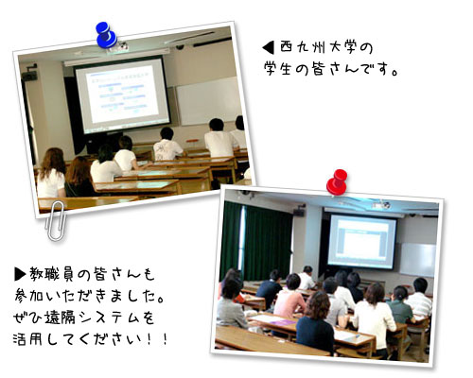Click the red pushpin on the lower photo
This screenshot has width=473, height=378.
(336, 180)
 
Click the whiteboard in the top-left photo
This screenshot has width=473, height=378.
(208, 99)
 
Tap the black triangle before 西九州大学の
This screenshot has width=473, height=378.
(268, 46)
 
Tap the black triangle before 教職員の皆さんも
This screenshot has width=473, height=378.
(20, 273)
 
